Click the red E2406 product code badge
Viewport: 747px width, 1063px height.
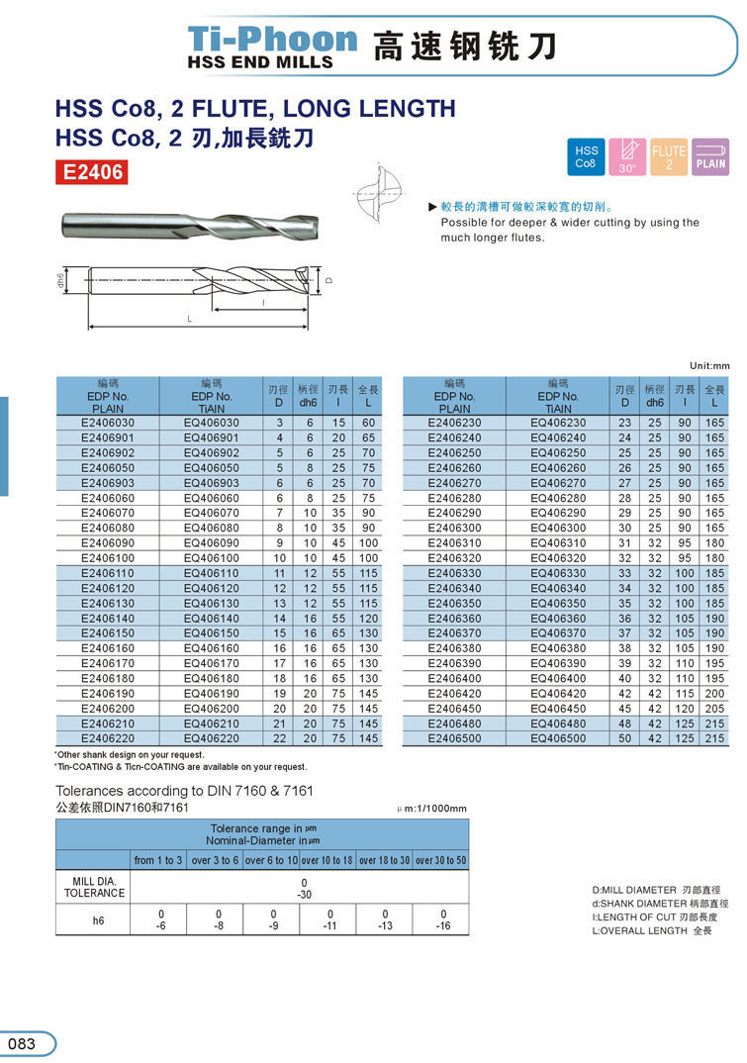pyautogui.click(x=93, y=172)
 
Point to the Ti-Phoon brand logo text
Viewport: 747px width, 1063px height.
pyautogui.click(x=273, y=40)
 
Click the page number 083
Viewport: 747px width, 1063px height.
pyautogui.click(x=22, y=1043)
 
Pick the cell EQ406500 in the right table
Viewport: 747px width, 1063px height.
pyautogui.click(x=558, y=738)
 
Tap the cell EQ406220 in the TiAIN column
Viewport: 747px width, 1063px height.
pyautogui.click(x=212, y=738)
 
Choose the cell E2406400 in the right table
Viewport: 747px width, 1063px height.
pyautogui.click(x=454, y=678)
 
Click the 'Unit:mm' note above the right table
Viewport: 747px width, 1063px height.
pyautogui.click(x=707, y=364)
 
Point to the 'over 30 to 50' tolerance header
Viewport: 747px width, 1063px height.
pyautogui.click(x=440, y=860)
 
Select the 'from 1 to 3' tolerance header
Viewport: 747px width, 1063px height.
pyautogui.click(x=158, y=860)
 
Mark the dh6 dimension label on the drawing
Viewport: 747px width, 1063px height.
pyautogui.click(x=60, y=283)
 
